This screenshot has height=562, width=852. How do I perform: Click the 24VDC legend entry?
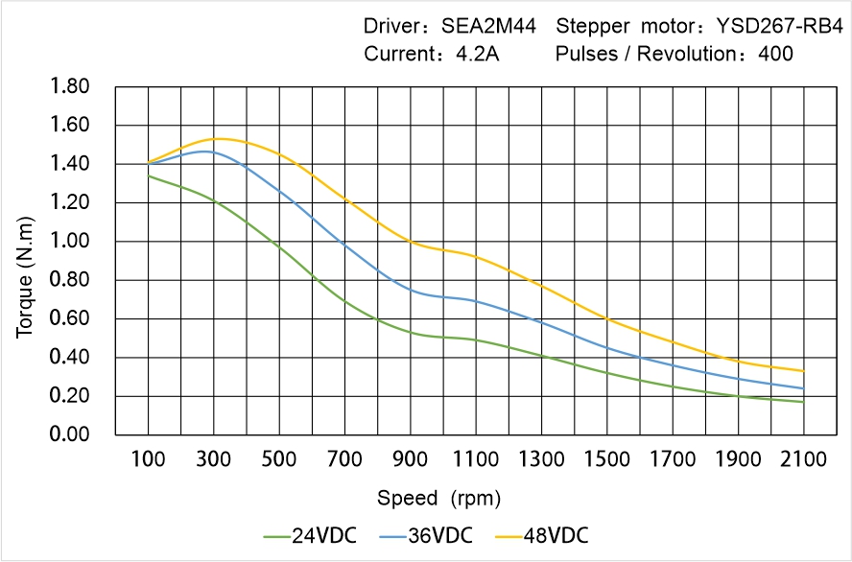pyautogui.click(x=310, y=535)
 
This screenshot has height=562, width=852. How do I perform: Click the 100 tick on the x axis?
pyautogui.click(x=148, y=459)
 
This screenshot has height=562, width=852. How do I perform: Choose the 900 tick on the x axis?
pyautogui.click(x=410, y=459)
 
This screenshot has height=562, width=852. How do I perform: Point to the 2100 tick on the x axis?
pyautogui.click(x=803, y=459)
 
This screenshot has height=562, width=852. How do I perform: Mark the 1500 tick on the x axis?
pyautogui.click(x=606, y=459)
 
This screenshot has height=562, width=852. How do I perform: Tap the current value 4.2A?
pyautogui.click(x=476, y=54)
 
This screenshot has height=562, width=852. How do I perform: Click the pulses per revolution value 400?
pyautogui.click(x=775, y=54)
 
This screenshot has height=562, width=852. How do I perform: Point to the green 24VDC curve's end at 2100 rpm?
pyautogui.click(x=803, y=402)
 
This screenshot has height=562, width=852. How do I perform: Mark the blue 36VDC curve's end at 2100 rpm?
pyautogui.click(x=803, y=388)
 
